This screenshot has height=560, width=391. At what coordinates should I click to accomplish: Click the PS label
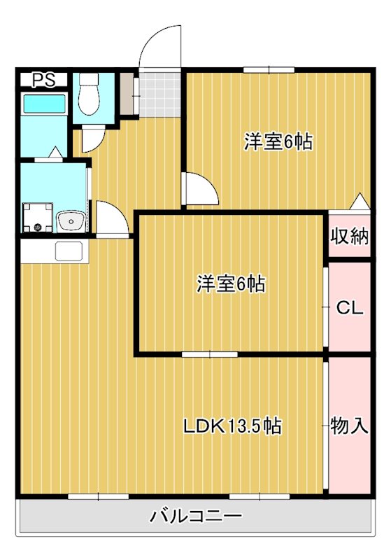tap(44, 80)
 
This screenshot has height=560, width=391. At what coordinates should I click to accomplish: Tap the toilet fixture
tap(88, 94)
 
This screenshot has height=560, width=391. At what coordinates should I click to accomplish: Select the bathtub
tap(44, 104)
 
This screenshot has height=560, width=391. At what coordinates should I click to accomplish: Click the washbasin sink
tap(71, 221)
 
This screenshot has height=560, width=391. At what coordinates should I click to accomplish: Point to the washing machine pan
tap(38, 218)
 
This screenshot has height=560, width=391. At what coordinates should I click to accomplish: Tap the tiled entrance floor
tap(159, 94)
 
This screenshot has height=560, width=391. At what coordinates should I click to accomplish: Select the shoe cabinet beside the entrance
tap(127, 94)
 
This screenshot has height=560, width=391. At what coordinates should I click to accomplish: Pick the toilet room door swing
tap(93, 139)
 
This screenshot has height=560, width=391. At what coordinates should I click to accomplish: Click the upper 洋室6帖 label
tap(278, 142)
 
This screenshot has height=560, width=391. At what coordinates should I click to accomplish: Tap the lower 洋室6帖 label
tap(231, 284)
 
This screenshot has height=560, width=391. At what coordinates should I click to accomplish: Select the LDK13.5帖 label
tap(233, 426)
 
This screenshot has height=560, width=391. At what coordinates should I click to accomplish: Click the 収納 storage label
tap(349, 236)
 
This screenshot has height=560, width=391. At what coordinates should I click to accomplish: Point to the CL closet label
tap(350, 308)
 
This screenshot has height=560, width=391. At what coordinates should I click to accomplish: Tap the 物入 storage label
tap(349, 426)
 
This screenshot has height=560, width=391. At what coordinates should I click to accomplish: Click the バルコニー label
tap(196, 516)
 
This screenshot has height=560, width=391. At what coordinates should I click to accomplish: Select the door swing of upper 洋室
tap(200, 188)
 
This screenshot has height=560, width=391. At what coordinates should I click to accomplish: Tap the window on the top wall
tap(269, 70)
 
